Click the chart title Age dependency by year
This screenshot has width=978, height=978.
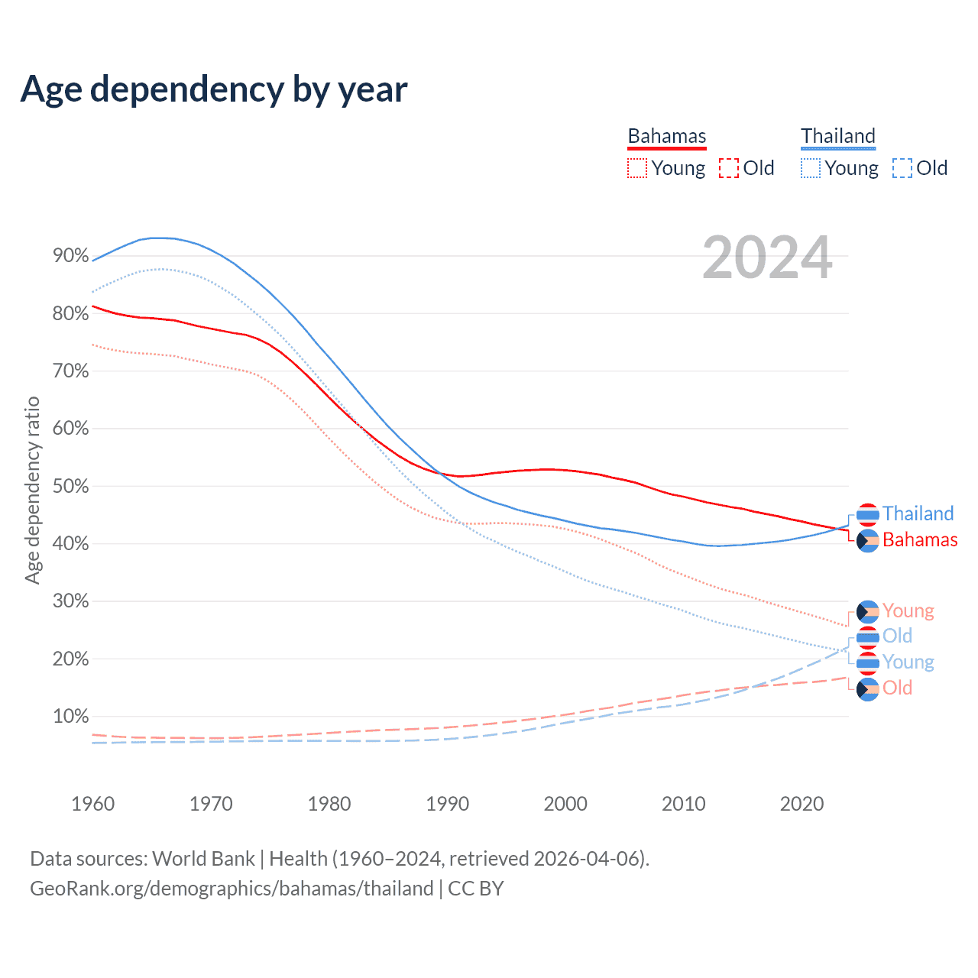[x=214, y=89]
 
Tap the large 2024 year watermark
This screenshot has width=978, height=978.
[x=767, y=257]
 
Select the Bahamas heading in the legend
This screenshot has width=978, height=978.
[x=667, y=136]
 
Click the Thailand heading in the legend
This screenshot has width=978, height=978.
[x=838, y=136]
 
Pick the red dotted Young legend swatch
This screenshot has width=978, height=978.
[x=636, y=168]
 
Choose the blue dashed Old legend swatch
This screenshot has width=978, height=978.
[x=902, y=168]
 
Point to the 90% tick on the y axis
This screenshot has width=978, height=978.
[x=71, y=256]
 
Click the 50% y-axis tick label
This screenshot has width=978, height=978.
[x=71, y=486]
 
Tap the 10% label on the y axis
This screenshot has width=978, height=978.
[x=71, y=717]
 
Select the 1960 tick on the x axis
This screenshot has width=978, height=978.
[x=92, y=804]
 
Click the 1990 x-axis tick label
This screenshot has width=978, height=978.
[x=447, y=804]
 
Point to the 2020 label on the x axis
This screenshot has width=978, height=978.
[x=802, y=804]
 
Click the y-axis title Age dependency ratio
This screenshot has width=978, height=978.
[x=32, y=490]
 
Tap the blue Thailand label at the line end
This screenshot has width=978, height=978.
[x=918, y=513]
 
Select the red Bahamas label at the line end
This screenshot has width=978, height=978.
[x=920, y=539]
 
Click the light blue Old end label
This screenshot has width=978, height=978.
[x=897, y=636]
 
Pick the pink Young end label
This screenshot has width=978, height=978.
[x=908, y=610]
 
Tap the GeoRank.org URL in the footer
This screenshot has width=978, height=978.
[x=232, y=889]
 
